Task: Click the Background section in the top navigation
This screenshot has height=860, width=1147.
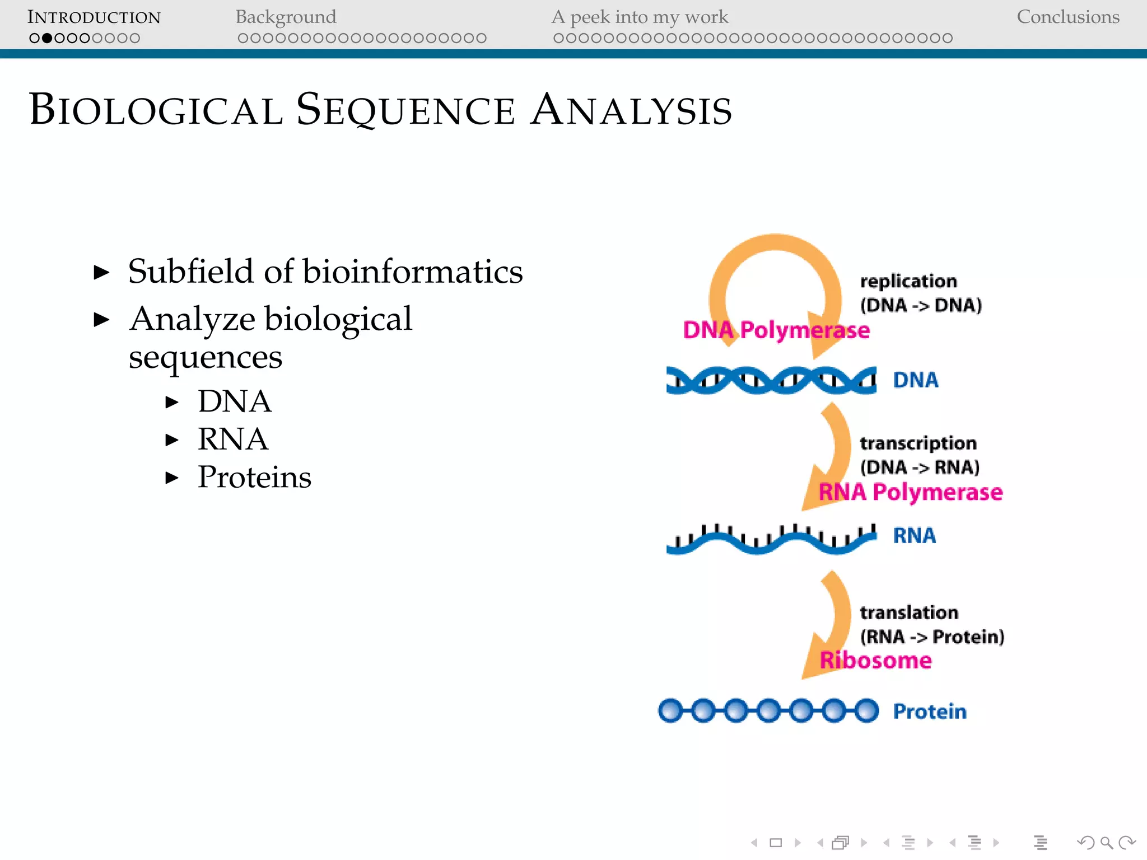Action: tap(286, 17)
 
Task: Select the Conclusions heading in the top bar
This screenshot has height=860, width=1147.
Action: tap(1067, 17)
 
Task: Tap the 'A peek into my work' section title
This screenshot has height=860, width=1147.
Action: tap(640, 17)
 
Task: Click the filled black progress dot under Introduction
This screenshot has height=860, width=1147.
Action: tap(47, 38)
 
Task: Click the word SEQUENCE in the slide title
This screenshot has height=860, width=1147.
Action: tap(405, 110)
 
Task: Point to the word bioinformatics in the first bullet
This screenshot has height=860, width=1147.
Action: tap(413, 272)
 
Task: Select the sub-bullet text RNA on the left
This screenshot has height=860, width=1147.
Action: tap(232, 439)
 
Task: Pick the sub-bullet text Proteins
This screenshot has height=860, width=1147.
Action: tap(254, 477)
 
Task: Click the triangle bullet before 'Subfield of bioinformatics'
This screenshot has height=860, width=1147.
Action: tap(101, 273)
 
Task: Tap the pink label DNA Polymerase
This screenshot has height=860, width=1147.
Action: tap(776, 330)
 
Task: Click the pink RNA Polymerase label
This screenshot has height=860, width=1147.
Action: tap(910, 492)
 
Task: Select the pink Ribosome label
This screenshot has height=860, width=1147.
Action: tap(875, 661)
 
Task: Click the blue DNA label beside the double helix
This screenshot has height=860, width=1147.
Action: tap(915, 380)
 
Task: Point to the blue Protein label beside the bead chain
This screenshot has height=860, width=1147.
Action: tap(930, 712)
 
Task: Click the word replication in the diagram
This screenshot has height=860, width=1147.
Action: tap(908, 281)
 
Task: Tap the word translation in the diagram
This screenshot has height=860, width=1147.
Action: tap(908, 613)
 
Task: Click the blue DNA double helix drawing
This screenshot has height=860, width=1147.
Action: tap(771, 380)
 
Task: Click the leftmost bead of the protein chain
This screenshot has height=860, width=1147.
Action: tap(670, 711)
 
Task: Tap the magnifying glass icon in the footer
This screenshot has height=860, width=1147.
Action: tap(1106, 843)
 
